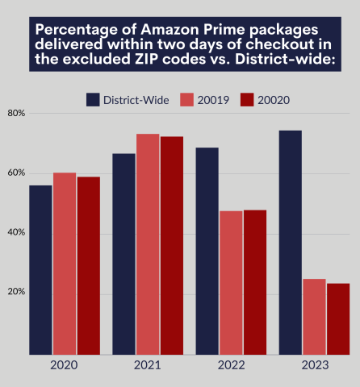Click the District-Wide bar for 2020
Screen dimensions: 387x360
coord(40,270)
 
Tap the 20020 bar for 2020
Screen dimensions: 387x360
coord(89,265)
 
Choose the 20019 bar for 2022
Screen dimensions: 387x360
coord(231,283)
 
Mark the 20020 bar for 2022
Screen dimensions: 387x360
coord(255,282)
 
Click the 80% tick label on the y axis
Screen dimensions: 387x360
coord(16,113)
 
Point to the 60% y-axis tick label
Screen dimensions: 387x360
coord(16,173)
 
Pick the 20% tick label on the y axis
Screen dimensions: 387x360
coord(16,291)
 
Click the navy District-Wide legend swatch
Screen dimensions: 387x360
coord(94,99)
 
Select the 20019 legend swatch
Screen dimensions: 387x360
coord(186,99)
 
